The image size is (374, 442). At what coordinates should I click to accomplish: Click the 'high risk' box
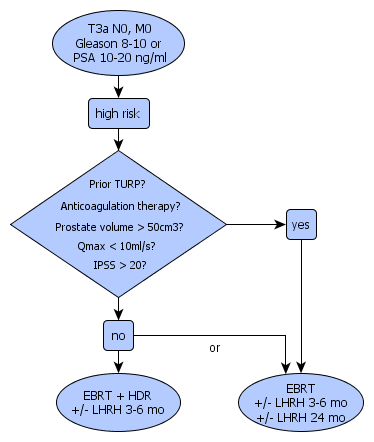click(x=119, y=113)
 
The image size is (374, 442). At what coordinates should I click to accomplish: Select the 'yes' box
click(x=301, y=224)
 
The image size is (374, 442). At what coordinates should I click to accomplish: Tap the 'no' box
click(x=118, y=335)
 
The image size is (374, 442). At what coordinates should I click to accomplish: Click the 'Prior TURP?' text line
click(x=117, y=184)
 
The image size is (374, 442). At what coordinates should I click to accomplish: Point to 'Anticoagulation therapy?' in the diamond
click(x=120, y=206)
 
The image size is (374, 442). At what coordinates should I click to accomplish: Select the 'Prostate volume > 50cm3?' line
click(x=119, y=227)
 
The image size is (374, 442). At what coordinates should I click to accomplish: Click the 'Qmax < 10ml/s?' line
click(x=116, y=246)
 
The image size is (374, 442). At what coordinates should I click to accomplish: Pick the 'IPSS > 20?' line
click(x=120, y=265)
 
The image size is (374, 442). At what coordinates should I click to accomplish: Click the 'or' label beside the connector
click(x=215, y=348)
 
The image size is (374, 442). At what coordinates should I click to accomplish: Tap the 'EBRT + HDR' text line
click(x=117, y=396)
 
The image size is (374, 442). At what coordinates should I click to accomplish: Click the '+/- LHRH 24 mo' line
click(x=301, y=417)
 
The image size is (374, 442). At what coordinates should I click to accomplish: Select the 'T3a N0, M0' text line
click(x=120, y=29)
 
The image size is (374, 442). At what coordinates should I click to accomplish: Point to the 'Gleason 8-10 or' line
click(x=118, y=43)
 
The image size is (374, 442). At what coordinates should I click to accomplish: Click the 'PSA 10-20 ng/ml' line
click(x=120, y=58)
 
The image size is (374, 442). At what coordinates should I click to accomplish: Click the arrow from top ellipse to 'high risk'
click(x=118, y=87)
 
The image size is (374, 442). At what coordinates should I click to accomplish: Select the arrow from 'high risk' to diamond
click(x=118, y=140)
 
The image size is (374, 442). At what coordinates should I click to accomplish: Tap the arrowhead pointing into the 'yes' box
click(x=280, y=224)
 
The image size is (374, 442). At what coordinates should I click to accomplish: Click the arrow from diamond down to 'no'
click(x=118, y=309)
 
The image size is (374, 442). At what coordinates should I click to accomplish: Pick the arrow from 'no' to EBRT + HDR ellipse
click(x=118, y=362)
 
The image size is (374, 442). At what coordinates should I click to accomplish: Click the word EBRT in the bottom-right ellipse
click(x=300, y=389)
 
